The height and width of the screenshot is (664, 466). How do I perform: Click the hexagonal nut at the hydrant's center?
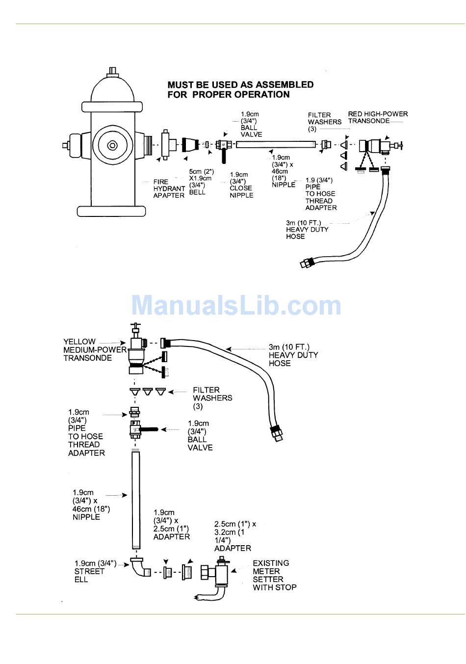[112, 145]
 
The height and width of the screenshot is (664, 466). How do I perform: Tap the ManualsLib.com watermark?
[236, 305]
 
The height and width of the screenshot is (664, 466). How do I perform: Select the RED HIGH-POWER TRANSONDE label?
[378, 117]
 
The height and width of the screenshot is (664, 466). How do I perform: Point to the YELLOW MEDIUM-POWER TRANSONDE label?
[95, 349]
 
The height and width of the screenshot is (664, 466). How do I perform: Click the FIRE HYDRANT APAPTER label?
[169, 188]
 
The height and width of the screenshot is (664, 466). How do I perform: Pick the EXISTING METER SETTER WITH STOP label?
[275, 575]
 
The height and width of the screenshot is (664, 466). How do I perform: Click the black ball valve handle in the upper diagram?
[223, 156]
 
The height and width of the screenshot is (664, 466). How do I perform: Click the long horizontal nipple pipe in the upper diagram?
[275, 145]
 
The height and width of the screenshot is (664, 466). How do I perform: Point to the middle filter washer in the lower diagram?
[148, 391]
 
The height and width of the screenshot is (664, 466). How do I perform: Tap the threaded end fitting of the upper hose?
[305, 263]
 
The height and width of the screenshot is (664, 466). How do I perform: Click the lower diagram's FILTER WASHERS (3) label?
[212, 398]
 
